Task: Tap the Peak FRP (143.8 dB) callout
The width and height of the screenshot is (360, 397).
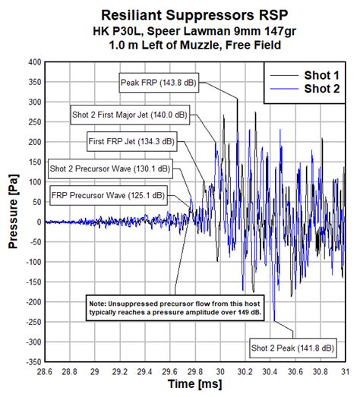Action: click(159, 81)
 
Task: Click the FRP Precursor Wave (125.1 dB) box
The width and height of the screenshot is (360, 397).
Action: click(107, 195)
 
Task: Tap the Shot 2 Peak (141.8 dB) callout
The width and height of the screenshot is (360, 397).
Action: click(292, 348)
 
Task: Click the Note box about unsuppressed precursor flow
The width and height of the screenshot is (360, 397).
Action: click(175, 309)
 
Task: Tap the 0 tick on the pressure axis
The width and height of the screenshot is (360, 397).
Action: click(37, 222)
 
